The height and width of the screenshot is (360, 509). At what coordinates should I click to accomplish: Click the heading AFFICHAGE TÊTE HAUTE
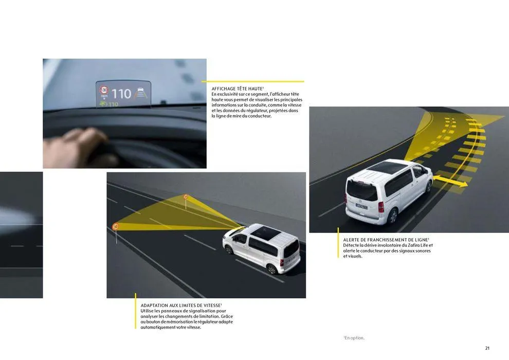[x=237, y=89]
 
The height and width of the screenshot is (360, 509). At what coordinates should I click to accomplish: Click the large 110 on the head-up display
[x=121, y=94]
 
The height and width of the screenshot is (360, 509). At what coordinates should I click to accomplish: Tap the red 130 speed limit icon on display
[x=104, y=90]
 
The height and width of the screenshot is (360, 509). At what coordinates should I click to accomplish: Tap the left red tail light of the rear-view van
[x=381, y=207]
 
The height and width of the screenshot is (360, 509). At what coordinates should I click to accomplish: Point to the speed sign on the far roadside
[x=186, y=197]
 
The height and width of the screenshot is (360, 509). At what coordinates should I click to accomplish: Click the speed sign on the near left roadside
[x=116, y=226]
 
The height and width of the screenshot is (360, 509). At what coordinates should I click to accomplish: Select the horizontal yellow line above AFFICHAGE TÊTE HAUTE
[x=253, y=81]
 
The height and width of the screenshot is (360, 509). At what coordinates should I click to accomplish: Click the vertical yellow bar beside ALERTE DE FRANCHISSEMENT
[x=338, y=243]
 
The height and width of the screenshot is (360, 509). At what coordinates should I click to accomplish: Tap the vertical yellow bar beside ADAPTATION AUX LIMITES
[x=136, y=311]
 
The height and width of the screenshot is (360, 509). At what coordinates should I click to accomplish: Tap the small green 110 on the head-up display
[x=112, y=104]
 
